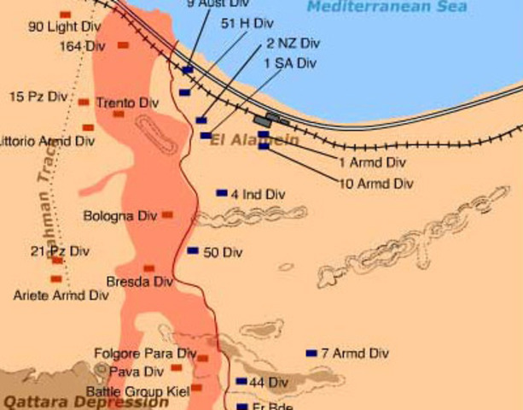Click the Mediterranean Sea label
(x=386, y=7)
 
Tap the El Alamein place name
(x=254, y=140)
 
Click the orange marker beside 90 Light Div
(x=65, y=15)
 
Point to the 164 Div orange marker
(x=123, y=44)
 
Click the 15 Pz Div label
(x=38, y=97)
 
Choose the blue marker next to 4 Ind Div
(x=222, y=193)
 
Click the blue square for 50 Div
(x=193, y=251)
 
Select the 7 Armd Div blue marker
(x=311, y=353)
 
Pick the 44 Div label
(x=269, y=382)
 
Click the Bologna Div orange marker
(x=167, y=214)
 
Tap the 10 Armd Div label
(x=376, y=183)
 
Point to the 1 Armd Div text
(x=372, y=161)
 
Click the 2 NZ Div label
(x=293, y=43)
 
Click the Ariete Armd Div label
(x=61, y=296)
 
